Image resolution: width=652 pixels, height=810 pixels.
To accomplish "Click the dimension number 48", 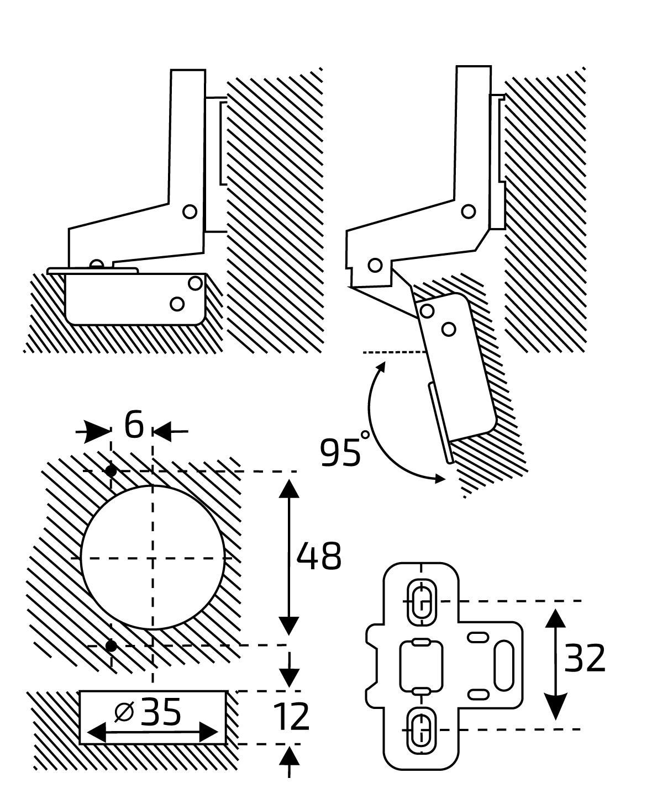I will click(x=319, y=556).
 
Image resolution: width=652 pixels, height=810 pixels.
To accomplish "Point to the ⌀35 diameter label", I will click(x=148, y=712).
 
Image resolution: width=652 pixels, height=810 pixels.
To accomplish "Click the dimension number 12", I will click(x=291, y=717).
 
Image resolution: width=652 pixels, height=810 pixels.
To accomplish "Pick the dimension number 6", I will click(x=134, y=425).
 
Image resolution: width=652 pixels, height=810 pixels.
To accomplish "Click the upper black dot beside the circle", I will click(x=111, y=470).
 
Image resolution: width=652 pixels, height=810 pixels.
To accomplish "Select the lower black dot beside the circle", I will click(x=111, y=645).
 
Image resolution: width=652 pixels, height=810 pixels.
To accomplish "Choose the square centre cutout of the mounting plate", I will click(x=421, y=665).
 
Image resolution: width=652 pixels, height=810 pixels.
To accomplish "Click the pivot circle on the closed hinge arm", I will click(x=190, y=211).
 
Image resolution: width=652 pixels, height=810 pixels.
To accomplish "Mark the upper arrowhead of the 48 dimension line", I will click(x=289, y=489).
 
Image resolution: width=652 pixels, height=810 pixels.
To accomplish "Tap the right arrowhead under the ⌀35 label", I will click(x=208, y=732).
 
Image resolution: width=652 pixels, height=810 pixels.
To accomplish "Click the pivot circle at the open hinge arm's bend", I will click(x=468, y=211).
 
